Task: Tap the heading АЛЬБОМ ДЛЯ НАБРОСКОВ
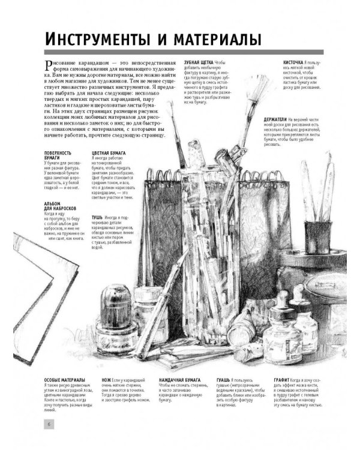tap(61, 207)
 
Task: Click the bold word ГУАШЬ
tap(224, 380)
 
